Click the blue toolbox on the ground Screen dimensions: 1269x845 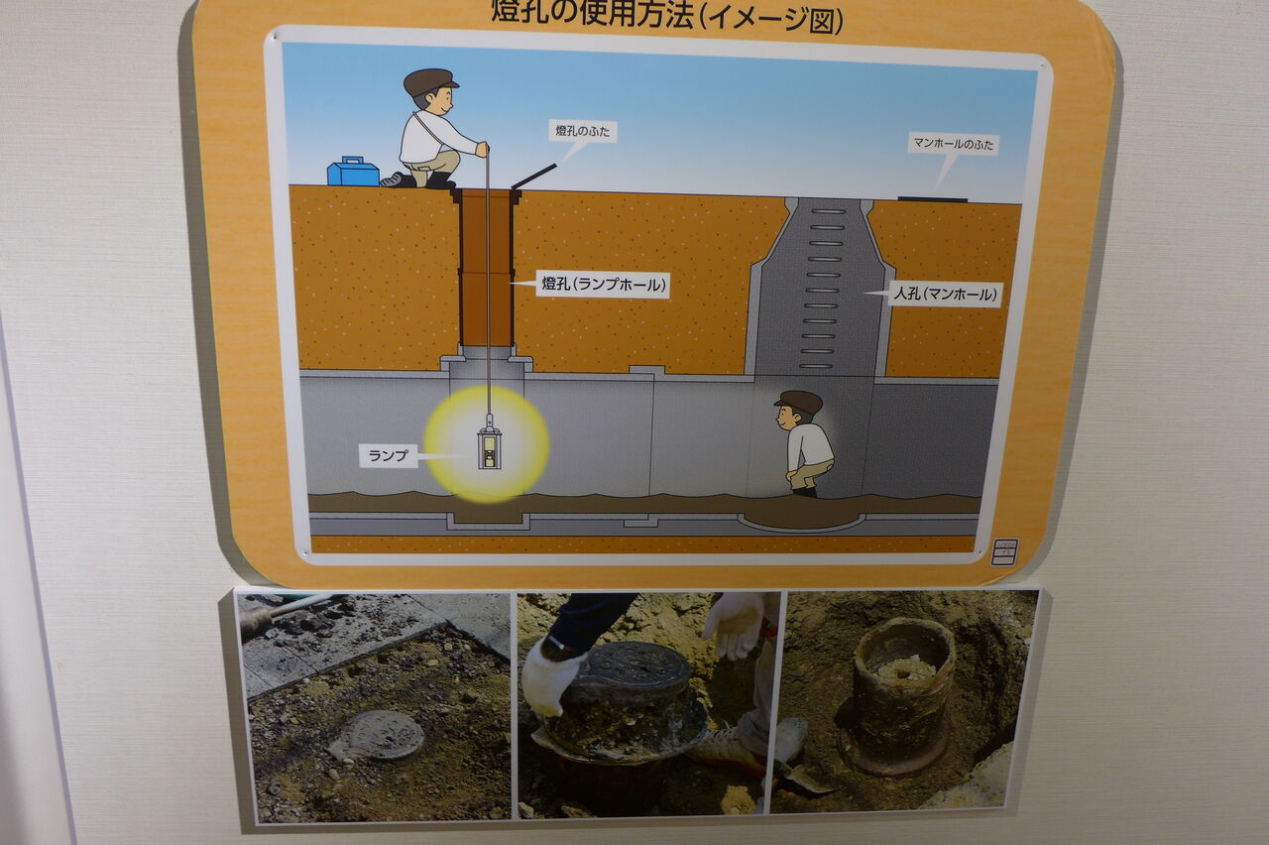coord(353,172)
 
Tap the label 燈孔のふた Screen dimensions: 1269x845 coord(582,132)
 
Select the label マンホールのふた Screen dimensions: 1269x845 coord(954,144)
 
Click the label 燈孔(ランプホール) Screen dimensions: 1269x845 coord(604,284)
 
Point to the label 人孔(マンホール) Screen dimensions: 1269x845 coord(945,295)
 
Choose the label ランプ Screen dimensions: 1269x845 coord(388,455)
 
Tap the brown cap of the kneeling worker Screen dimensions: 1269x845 coord(430,81)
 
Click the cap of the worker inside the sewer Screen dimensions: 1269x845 coord(799,402)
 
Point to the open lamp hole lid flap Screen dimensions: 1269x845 coord(534,177)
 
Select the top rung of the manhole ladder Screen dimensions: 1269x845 coord(828,211)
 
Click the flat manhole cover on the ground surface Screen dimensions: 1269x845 coord(933,199)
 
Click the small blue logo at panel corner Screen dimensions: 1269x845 coord(1005,551)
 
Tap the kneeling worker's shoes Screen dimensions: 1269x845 coord(418,180)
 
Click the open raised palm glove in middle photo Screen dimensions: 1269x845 coord(735,624)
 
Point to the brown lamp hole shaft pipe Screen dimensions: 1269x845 coord(486,268)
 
